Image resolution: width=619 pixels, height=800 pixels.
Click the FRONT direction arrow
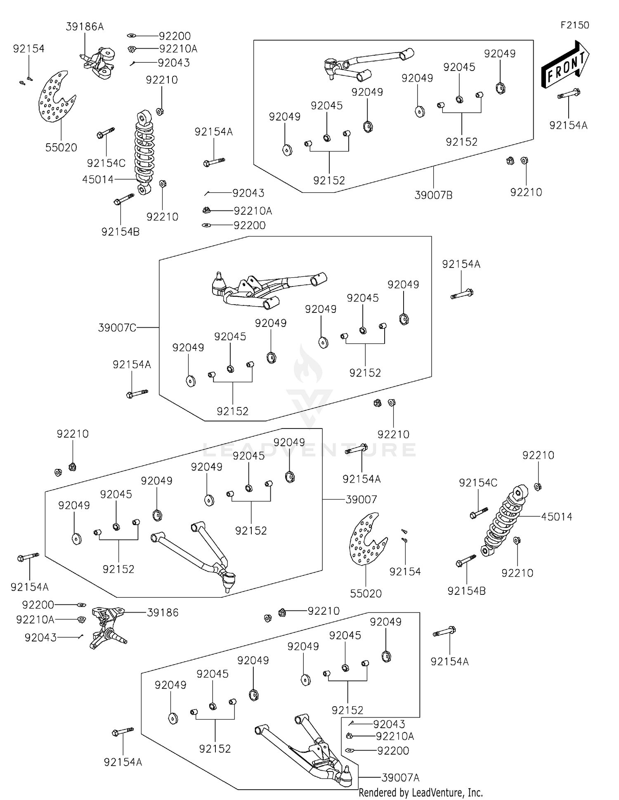tap(565, 65)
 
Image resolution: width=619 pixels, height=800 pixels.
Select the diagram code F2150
tap(574, 25)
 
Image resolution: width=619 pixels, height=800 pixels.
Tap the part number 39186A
tap(85, 27)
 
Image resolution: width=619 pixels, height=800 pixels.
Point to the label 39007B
tap(433, 195)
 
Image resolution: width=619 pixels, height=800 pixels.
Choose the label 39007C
tap(117, 328)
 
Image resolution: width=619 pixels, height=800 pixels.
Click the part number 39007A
tap(400, 778)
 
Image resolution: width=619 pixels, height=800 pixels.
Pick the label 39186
tap(163, 613)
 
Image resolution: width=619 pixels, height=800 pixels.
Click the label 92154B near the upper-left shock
tap(120, 232)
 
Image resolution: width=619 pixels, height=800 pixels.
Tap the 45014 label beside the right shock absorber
tap(557, 516)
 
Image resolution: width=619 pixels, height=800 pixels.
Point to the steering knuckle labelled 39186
tap(106, 627)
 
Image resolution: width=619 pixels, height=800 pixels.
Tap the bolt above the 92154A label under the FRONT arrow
tap(569, 94)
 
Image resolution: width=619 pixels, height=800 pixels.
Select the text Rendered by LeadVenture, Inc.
tap(421, 793)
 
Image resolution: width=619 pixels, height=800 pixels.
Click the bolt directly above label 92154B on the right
tap(466, 561)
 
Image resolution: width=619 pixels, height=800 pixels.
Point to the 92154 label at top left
tap(28, 49)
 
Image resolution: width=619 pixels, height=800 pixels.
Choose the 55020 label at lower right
tap(366, 594)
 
